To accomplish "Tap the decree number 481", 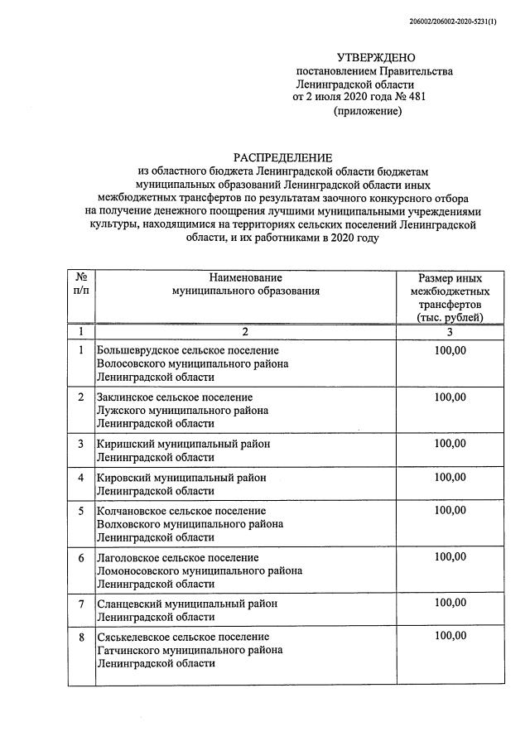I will (x=417, y=97).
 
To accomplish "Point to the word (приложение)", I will (x=367, y=111).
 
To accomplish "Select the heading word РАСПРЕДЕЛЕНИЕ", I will (x=282, y=157).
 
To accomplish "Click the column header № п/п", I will (x=81, y=285).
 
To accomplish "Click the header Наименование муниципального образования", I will (x=245, y=285).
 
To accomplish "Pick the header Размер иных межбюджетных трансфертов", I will (x=450, y=297).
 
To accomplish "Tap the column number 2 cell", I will (x=245, y=331).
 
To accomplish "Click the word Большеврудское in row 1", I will (x=137, y=350).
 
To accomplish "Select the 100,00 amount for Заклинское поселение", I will (x=450, y=397).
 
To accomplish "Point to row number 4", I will (x=81, y=478).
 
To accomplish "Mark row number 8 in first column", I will (x=81, y=637).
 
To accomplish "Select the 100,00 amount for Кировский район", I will (x=450, y=478).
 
